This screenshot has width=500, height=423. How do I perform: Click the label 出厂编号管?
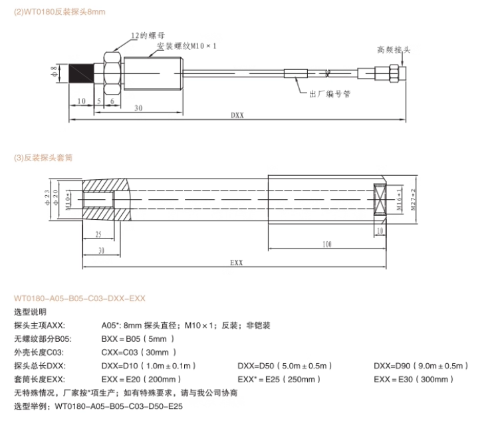pos(330,95)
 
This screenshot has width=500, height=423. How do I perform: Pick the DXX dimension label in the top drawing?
pos(237,115)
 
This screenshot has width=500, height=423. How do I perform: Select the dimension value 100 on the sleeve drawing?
pos(326,245)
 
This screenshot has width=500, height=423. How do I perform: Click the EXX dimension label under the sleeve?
pos(236,263)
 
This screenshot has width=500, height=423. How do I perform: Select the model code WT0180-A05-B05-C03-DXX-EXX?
pos(79,298)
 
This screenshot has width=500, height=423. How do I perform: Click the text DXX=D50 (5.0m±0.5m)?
pos(285,366)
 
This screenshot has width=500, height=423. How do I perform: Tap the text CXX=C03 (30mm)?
pos(138,352)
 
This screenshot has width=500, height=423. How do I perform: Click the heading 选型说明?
pos(30,312)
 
